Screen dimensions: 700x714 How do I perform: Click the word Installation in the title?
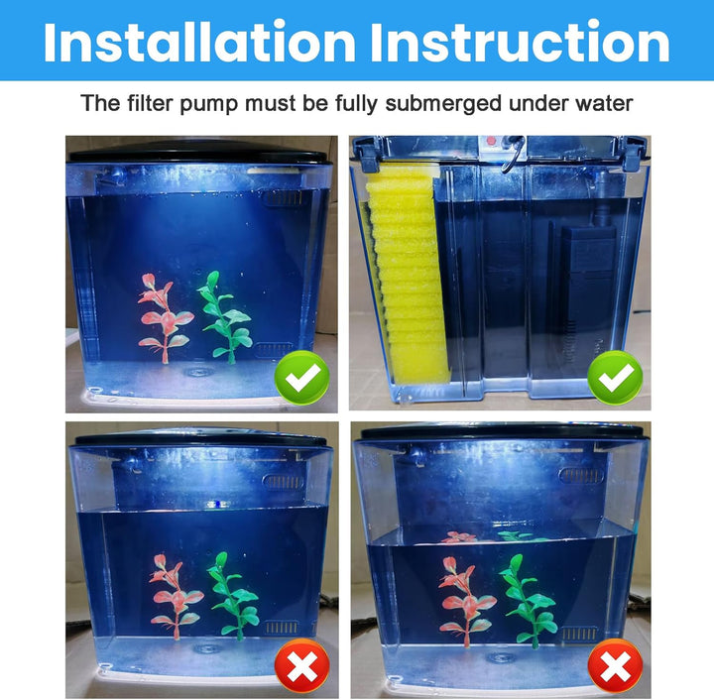click(x=199, y=43)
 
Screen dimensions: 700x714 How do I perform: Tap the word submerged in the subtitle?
click(x=453, y=103)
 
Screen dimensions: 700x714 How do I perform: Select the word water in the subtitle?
click(x=603, y=103)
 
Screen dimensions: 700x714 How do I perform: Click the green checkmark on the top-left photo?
click(x=301, y=378)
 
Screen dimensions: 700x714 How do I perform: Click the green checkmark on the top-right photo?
click(x=615, y=378)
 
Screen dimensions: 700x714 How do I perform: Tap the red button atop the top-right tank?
click(x=489, y=142)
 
